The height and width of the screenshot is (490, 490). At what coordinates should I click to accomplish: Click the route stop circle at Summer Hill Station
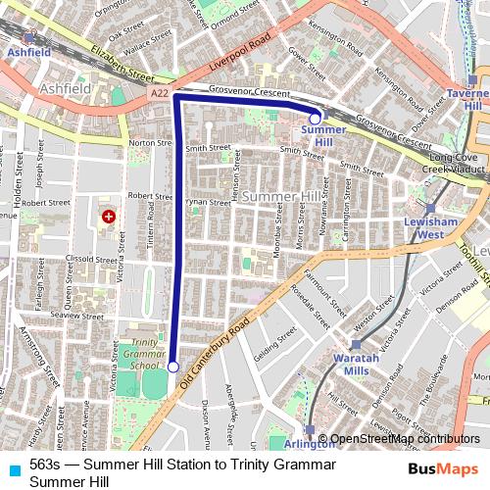coord(315,118)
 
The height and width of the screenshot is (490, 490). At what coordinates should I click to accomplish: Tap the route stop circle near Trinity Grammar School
coord(173,367)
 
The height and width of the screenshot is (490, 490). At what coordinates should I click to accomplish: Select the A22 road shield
coord(159,92)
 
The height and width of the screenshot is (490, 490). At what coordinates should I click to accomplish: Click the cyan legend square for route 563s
coord(14,465)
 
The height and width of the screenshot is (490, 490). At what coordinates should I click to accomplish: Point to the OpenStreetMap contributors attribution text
coord(405,439)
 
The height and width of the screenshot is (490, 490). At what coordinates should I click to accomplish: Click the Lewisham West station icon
coord(429,207)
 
